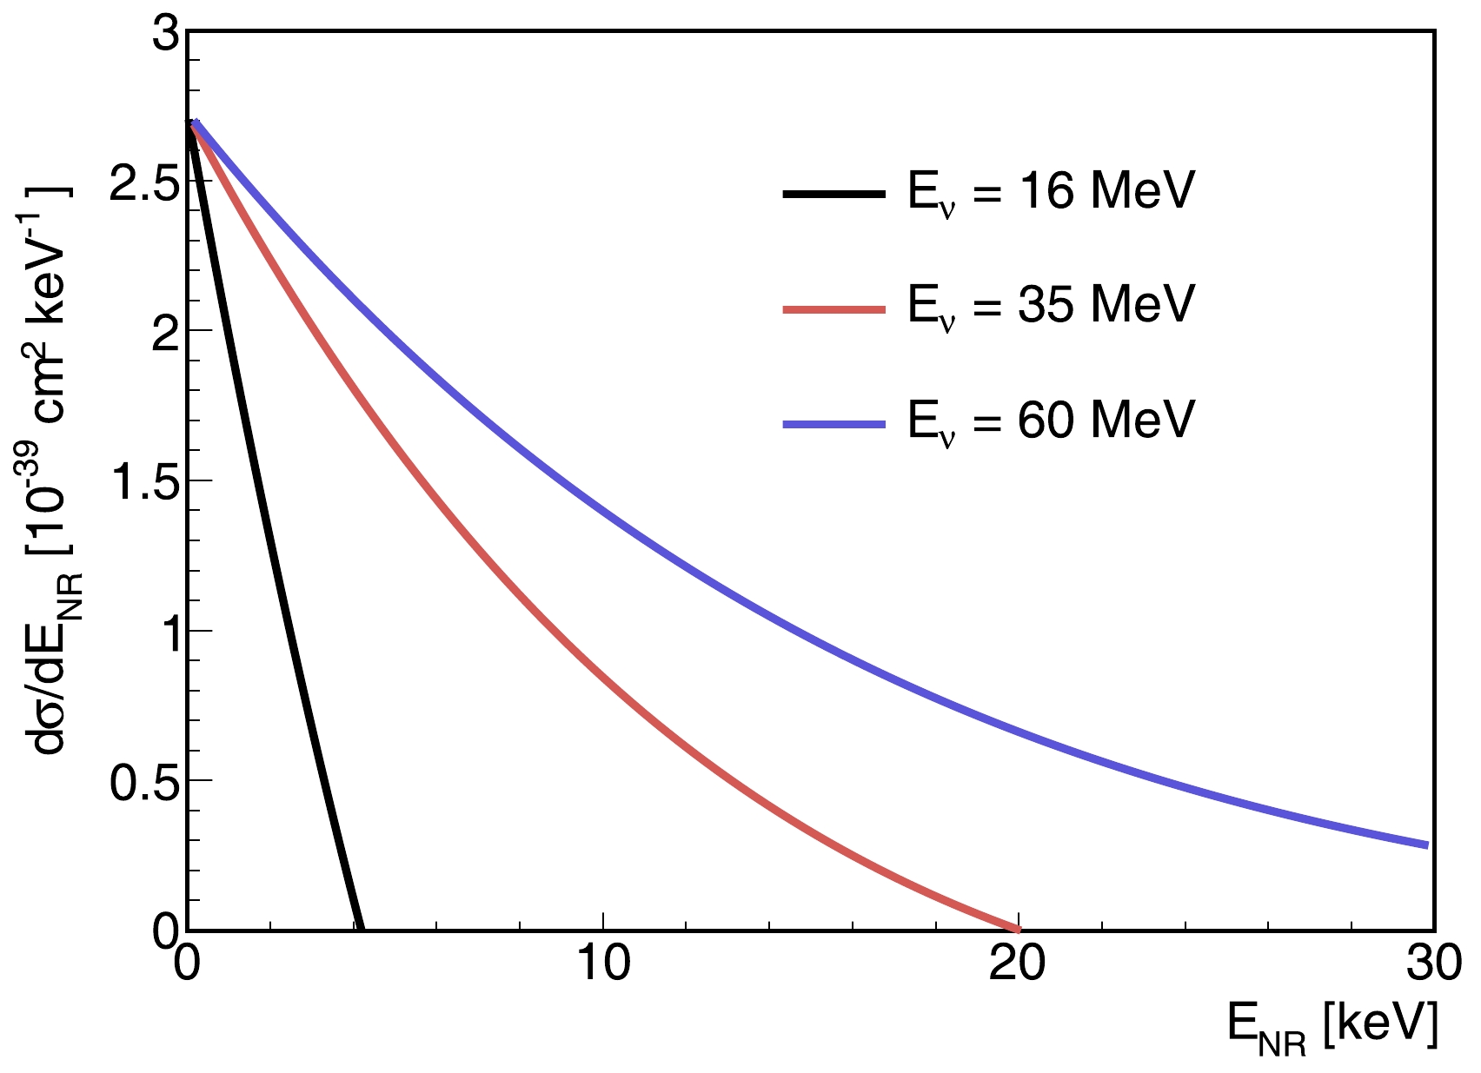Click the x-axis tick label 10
coord(602,964)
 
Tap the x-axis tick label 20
coord(1018,964)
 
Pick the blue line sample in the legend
coord(833,424)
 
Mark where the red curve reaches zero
coord(1017,928)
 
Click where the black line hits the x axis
coord(359,928)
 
